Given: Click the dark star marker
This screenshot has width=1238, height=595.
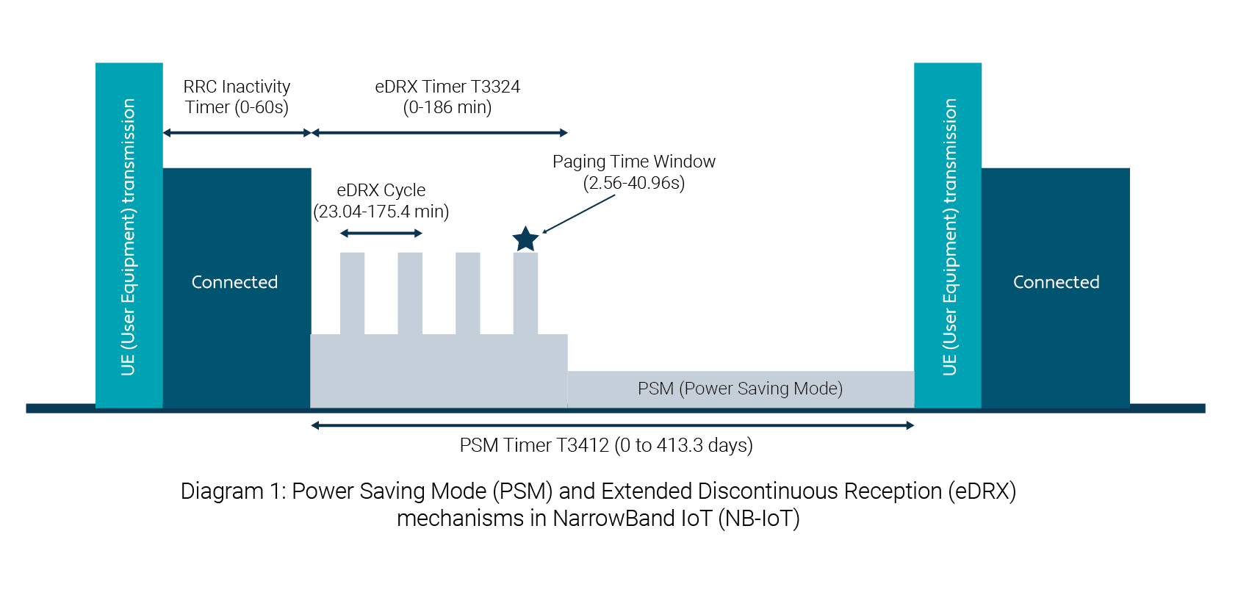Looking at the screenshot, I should coord(525,239).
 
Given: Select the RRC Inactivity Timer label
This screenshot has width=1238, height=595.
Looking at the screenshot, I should coord(237,97).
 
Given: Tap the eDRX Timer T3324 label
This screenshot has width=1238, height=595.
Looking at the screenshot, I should coord(447,97).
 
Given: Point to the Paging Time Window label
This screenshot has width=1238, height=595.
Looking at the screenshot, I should coord(633,172).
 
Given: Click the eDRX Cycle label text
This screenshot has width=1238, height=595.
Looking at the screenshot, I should coord(381,201).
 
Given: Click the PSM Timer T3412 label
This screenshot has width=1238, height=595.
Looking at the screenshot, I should coord(605,445).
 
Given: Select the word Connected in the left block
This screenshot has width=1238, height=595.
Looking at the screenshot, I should coord(234,282).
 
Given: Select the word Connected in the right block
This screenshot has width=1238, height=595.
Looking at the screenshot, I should coord(1056,282).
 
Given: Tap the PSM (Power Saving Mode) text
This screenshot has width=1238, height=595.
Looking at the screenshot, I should coord(740,389).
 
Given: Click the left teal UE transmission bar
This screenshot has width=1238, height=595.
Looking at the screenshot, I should coord(129,235).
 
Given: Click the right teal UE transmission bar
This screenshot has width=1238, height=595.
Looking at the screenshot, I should coord(948,235).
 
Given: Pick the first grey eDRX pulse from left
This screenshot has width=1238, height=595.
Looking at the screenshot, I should coord(353,292).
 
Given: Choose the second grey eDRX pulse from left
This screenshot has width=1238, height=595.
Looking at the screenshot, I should coord(410,292).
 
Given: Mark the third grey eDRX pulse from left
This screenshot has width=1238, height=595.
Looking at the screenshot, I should coord(468,292).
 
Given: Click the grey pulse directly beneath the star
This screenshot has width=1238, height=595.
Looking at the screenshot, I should coord(525,292).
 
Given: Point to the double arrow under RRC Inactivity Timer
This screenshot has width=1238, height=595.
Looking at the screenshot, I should coord(237,133).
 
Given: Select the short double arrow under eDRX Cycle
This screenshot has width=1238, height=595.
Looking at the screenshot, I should coord(381,234).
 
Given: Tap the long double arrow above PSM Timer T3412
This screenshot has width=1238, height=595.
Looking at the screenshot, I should coord(612,425).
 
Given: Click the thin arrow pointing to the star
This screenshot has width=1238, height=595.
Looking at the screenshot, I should coord(579,214).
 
